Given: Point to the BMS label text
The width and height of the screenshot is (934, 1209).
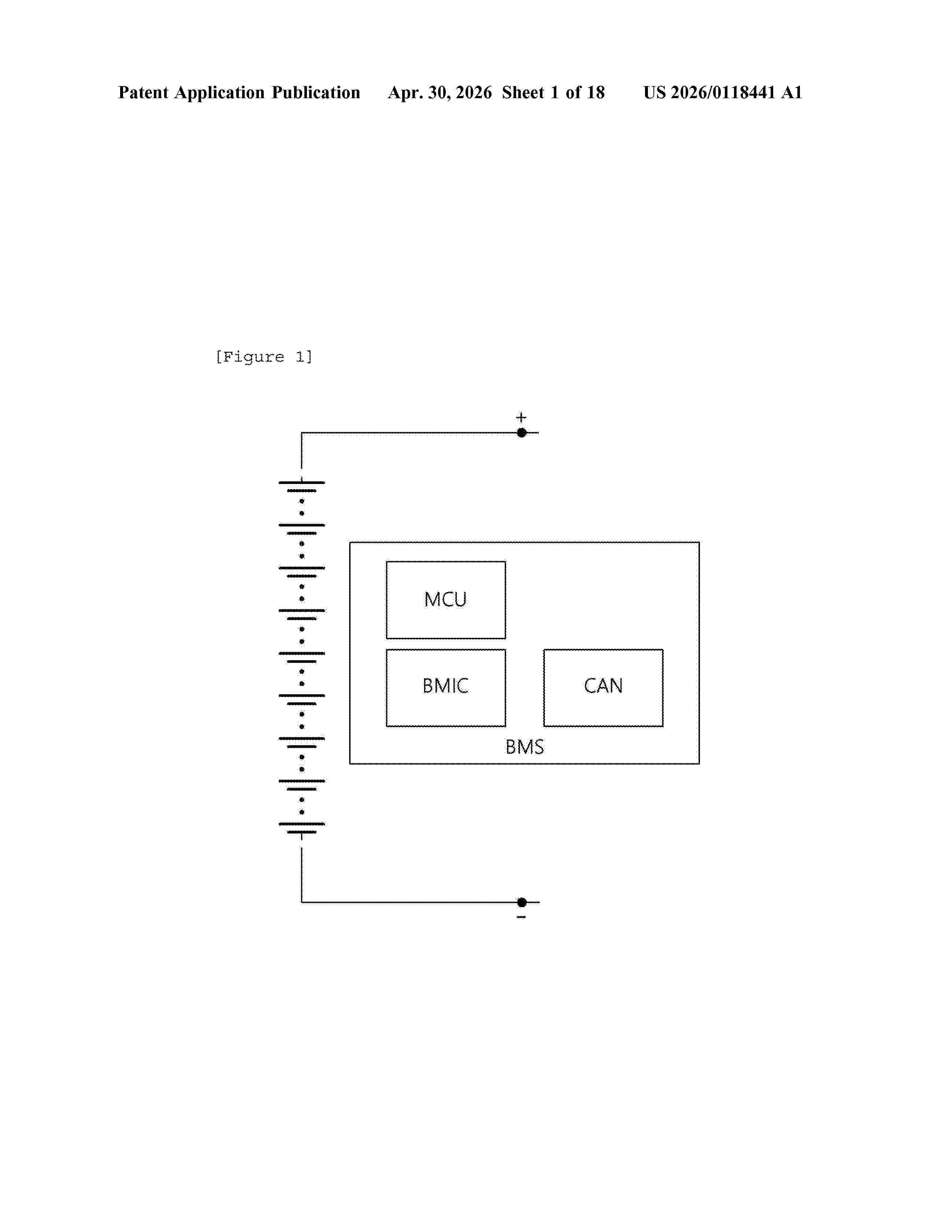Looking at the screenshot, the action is click(x=525, y=747).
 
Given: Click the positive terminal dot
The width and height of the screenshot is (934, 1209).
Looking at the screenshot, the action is click(x=521, y=432).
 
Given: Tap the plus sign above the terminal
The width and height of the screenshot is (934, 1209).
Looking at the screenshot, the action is click(x=521, y=417).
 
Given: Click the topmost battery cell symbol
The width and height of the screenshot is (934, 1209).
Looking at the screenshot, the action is click(x=301, y=486).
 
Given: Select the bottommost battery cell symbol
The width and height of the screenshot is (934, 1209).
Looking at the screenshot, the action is click(x=301, y=828).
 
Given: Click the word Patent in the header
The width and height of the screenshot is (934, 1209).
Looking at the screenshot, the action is click(x=143, y=92).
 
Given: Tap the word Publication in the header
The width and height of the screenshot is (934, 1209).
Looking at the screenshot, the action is click(x=316, y=92).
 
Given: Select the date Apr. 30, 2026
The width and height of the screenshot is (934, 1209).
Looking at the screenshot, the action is click(x=440, y=92).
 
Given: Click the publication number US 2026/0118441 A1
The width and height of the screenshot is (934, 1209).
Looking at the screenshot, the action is click(x=723, y=92).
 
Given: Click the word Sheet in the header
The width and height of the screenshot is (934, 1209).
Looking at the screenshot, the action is click(x=523, y=92).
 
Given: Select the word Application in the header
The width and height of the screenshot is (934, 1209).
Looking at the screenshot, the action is click(x=220, y=92).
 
